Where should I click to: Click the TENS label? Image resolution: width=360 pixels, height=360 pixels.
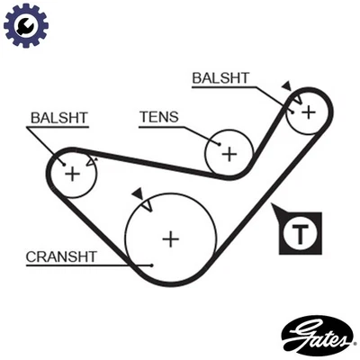[x=158, y=116]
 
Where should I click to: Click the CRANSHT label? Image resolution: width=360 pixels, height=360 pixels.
[x=60, y=256]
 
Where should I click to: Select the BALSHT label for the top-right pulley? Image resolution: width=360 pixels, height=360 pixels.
[x=220, y=78]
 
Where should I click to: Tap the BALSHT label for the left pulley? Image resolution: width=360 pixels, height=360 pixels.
[x=58, y=117]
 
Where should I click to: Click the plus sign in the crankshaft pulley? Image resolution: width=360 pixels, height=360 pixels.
[x=170, y=238]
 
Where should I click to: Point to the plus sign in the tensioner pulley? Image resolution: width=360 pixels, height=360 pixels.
[x=229, y=153]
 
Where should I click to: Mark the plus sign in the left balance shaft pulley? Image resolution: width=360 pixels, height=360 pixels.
[x=72, y=173]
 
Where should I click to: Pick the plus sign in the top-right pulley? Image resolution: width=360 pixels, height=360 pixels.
[x=308, y=112]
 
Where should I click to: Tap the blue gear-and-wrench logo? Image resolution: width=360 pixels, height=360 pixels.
[x=24, y=26]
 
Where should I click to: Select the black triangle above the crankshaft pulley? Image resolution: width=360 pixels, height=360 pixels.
[x=137, y=193]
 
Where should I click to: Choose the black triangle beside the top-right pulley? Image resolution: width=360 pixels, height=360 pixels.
[x=286, y=87]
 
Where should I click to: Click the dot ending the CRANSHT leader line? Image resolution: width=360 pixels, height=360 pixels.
[x=154, y=265]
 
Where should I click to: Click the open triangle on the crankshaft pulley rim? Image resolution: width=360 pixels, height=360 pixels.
[x=147, y=205]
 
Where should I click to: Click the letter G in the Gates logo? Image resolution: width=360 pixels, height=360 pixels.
[x=295, y=336]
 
